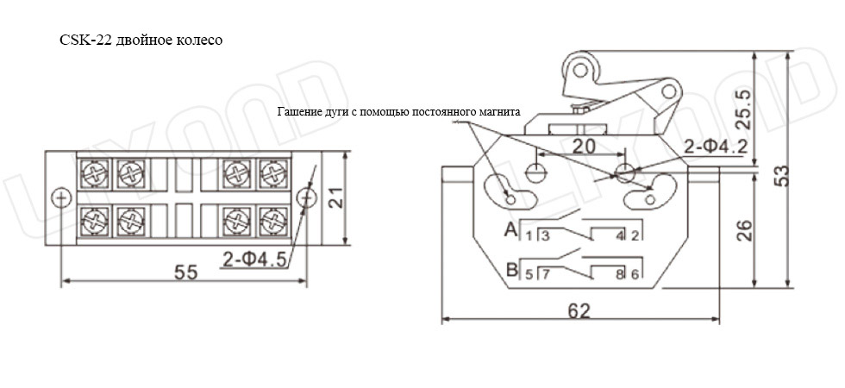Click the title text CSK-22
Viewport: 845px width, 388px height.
click(x=86, y=41)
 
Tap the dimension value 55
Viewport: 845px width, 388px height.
click(x=186, y=272)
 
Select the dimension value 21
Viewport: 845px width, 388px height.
click(x=335, y=197)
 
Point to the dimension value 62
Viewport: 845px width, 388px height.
click(x=579, y=311)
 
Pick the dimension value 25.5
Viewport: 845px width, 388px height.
click(x=743, y=109)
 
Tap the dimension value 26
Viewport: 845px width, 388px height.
click(x=743, y=231)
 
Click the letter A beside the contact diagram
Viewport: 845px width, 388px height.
click(x=510, y=230)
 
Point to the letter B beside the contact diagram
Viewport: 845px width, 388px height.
click(x=512, y=268)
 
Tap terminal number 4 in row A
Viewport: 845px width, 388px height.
click(x=620, y=236)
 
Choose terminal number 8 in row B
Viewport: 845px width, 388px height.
click(x=620, y=274)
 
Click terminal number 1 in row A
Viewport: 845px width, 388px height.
click(x=529, y=236)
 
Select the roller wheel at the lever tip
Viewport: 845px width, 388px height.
click(x=579, y=70)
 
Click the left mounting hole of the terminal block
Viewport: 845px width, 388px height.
click(x=61, y=197)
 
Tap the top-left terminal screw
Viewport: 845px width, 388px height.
click(x=95, y=173)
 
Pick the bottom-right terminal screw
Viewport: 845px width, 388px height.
click(x=272, y=221)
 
